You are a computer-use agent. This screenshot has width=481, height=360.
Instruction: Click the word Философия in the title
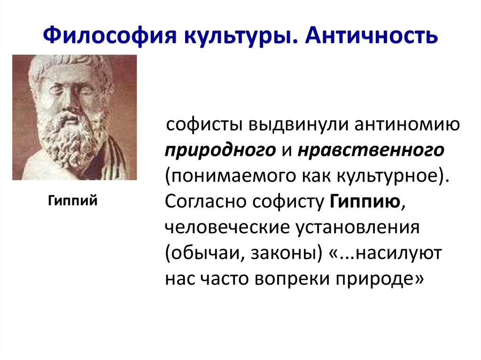pyautogui.click(x=101, y=36)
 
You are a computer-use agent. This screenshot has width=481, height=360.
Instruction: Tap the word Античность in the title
pyautogui.click(x=372, y=36)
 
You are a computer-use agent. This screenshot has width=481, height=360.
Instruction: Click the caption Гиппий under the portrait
pyautogui.click(x=73, y=201)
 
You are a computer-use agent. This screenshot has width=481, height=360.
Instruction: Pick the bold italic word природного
pyautogui.click(x=220, y=151)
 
